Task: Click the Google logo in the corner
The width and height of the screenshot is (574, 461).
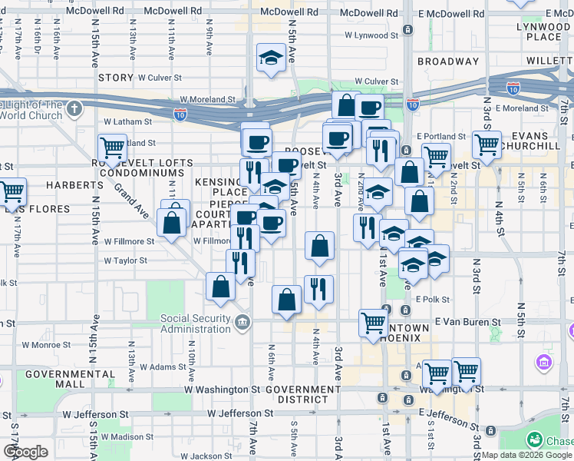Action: pos(25,452)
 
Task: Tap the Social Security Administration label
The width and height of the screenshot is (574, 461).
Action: pos(195,324)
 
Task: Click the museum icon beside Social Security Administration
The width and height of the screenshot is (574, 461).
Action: pos(242,321)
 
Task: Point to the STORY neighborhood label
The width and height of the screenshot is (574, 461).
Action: pos(117,78)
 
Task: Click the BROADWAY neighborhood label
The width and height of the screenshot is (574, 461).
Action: pos(448,61)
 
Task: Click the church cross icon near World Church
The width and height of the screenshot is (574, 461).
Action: pos(74,108)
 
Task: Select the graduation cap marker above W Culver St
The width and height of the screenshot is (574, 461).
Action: pos(270,58)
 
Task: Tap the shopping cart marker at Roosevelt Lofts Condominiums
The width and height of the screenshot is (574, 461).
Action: pos(113,147)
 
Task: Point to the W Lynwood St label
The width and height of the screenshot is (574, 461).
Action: pos(371,35)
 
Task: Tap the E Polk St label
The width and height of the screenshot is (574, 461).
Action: pos(432,299)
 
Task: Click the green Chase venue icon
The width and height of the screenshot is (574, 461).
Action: pos(534,440)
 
